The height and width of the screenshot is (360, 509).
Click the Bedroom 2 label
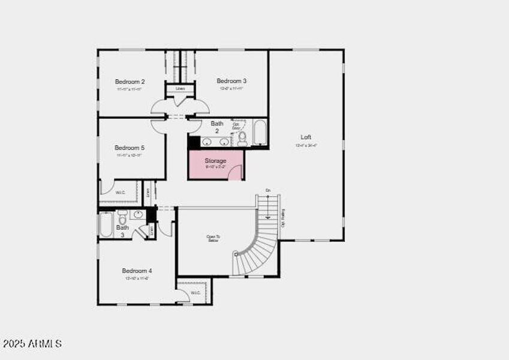[129, 82]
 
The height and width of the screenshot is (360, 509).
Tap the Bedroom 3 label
[231, 81]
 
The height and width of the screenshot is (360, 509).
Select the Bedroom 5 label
[129, 148]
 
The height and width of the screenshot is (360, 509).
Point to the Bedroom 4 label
[137, 271]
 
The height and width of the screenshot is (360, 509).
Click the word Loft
[306, 137]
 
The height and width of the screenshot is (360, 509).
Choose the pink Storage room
[215, 164]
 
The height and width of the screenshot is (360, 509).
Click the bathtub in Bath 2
[260, 133]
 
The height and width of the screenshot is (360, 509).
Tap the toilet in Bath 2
[242, 139]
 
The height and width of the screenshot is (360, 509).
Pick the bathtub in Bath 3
[106, 224]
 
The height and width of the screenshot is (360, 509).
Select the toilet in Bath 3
[122, 214]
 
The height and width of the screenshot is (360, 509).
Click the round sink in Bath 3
[138, 214]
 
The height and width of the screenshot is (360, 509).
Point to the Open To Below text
[213, 238]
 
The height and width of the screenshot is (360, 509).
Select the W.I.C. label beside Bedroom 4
[195, 293]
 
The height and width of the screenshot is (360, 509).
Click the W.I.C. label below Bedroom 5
[120, 193]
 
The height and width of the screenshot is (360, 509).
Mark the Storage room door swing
[236, 173]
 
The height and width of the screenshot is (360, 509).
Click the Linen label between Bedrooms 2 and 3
[180, 89]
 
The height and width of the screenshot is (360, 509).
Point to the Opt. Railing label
[283, 218]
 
